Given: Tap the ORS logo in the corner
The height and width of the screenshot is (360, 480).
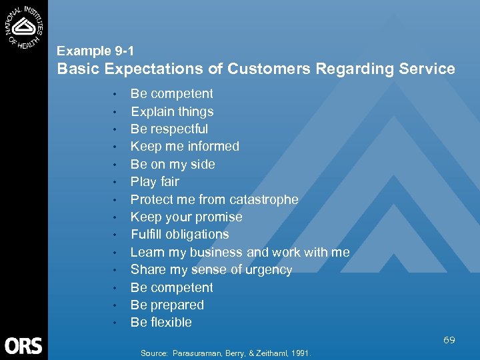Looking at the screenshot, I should point(23,345).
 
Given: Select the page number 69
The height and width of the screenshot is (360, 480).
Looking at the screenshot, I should point(449,340).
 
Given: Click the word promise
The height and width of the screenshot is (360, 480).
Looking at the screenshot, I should point(220,217).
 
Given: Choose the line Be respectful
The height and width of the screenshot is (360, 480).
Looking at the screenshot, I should point(169,129).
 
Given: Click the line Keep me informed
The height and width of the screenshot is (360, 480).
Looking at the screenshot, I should point(185,147).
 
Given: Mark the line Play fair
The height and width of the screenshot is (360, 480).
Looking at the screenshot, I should point(155,182).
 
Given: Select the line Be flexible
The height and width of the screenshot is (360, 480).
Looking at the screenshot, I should point(161,323).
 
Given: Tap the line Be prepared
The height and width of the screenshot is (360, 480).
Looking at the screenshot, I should point(167,305).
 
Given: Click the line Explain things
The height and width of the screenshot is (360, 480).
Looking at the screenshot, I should point(171,111).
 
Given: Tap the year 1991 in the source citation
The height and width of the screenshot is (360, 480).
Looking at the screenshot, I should point(301,353).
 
